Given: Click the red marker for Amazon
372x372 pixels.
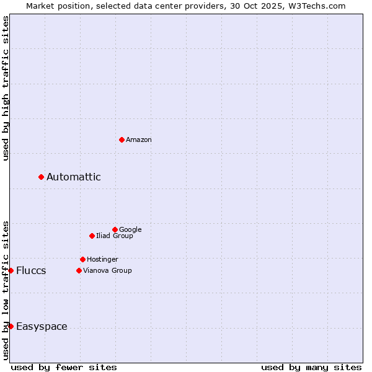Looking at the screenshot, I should (122, 139).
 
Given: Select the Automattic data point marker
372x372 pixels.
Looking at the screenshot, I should (42, 177).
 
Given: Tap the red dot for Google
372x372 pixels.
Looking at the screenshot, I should (115, 229).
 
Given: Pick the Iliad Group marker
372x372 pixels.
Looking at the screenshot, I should (92, 236).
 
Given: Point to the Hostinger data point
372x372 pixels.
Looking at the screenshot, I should (82, 259).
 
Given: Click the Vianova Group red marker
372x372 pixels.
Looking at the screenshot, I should (79, 270).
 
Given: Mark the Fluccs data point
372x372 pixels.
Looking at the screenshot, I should (11, 270).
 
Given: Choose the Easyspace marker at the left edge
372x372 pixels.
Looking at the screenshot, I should (11, 326).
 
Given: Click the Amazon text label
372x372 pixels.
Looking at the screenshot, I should (139, 140).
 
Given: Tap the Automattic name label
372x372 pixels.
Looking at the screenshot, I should (74, 177).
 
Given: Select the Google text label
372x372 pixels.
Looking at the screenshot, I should (130, 230).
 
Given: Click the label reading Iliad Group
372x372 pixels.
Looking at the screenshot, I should (115, 236).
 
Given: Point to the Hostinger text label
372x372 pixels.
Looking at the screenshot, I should (102, 260).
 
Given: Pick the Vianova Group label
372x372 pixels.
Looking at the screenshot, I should (107, 271).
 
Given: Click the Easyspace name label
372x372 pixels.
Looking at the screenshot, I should (42, 327).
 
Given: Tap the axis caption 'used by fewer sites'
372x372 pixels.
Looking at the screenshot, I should (64, 368).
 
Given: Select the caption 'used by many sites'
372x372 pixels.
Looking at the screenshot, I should (311, 368).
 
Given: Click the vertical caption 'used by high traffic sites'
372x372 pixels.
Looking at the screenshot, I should (6, 88).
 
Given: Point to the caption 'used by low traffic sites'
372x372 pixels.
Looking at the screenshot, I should (6, 290).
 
